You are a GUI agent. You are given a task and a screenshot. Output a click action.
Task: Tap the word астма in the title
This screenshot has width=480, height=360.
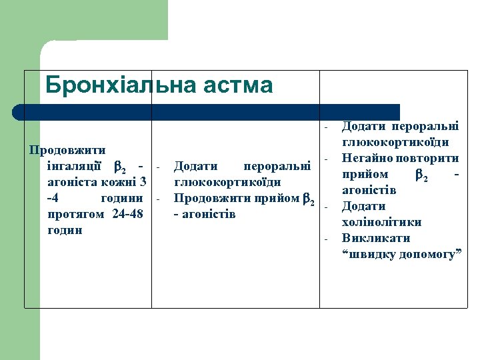239,85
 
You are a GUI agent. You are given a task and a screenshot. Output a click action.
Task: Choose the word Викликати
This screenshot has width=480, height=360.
375,238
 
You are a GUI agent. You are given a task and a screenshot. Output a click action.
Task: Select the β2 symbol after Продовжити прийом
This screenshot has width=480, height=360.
308,199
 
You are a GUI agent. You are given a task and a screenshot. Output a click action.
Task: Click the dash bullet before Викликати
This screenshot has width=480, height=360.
327,239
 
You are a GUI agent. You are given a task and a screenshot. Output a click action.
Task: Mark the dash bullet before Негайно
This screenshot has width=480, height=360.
327,159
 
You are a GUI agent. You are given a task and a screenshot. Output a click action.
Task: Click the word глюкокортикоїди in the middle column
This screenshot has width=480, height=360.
227,182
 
